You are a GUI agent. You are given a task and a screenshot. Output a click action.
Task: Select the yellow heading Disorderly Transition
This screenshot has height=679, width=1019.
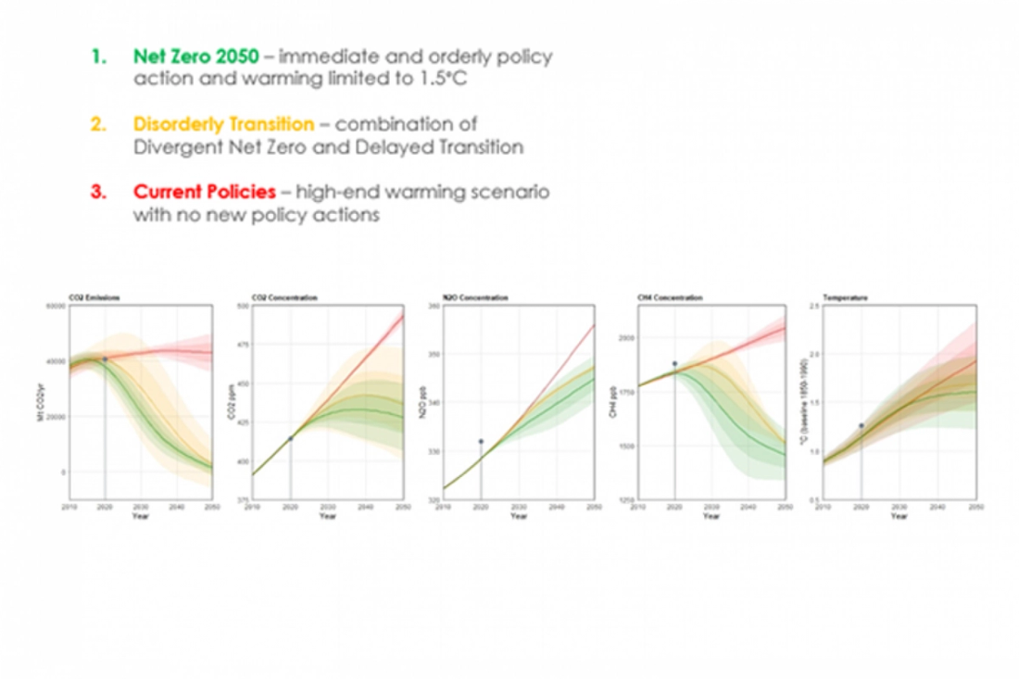pyautogui.click(x=224, y=124)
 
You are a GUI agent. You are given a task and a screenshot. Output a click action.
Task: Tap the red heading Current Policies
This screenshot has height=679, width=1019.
pyautogui.click(x=205, y=192)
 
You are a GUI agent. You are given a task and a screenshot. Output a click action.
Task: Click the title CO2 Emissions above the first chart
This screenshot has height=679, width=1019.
pyautogui.click(x=94, y=297)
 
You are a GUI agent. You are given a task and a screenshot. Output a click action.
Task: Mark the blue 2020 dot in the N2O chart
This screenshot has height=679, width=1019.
pyautogui.click(x=481, y=441)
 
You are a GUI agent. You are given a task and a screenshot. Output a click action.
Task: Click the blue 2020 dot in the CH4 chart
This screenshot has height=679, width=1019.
pyautogui.click(x=674, y=363)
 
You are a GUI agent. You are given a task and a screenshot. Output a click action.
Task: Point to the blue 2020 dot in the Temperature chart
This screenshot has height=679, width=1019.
pyautogui.click(x=862, y=425)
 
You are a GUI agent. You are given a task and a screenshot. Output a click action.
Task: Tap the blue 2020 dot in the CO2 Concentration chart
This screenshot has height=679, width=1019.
pyautogui.click(x=291, y=438)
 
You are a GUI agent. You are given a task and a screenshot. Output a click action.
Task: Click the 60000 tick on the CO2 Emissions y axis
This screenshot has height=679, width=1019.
pyautogui.click(x=57, y=305)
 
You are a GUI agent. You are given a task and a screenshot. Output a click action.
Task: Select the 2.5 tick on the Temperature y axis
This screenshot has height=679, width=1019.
pyautogui.click(x=813, y=305)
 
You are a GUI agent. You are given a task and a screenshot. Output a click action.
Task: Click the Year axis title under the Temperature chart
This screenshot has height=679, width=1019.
pyautogui.click(x=899, y=516)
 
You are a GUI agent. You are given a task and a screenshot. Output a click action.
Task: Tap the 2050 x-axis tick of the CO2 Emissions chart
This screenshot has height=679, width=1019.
pyautogui.click(x=212, y=508)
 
